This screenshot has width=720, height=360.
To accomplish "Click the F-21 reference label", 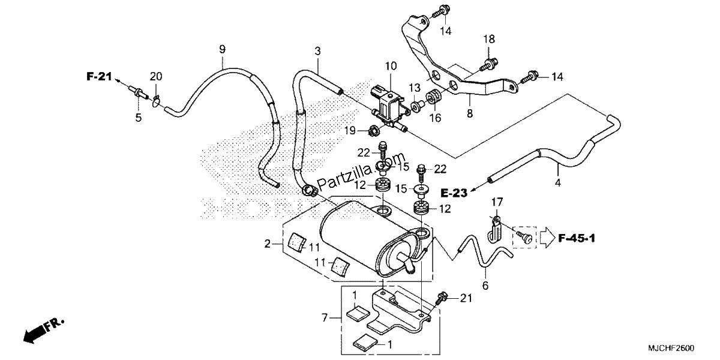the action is coord(99,77).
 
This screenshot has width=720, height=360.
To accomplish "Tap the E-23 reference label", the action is coord(454,193).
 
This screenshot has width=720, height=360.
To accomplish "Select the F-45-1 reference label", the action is coord(577,238).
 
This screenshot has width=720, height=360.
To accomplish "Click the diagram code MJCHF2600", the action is coord(671,348).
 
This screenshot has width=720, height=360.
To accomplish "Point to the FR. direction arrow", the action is coord(43,331).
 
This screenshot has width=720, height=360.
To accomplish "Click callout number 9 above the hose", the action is coord(222,49).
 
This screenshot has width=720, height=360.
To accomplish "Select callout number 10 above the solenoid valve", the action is coord(391,66).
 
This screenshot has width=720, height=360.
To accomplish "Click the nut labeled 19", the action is coord(373,131).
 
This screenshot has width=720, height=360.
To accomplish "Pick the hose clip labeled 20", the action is coord(156,101).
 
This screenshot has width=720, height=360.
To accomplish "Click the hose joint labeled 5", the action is coord(139,92).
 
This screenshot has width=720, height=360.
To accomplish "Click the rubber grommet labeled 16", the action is coord(434,97).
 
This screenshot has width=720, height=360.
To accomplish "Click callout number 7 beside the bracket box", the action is coord(325,318).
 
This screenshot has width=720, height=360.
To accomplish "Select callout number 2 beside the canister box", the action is coord(267,244).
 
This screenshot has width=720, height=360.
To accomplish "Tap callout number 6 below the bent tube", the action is coord(485,286).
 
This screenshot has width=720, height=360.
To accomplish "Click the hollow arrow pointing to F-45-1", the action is coord(547,238).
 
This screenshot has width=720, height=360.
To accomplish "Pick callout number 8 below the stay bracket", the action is coord(470,113).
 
